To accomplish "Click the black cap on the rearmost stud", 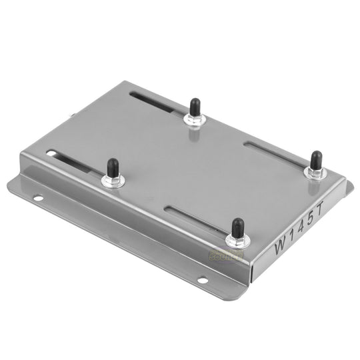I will pyautogui.click(x=194, y=106).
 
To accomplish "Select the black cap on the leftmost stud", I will pyautogui.click(x=113, y=167).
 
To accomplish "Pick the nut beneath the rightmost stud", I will pyautogui.click(x=315, y=173).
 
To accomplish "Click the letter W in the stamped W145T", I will pyautogui.click(x=281, y=246).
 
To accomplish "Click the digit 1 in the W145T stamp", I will pyautogui.click(x=295, y=237).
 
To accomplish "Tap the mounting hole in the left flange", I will pyautogui.click(x=38, y=197).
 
